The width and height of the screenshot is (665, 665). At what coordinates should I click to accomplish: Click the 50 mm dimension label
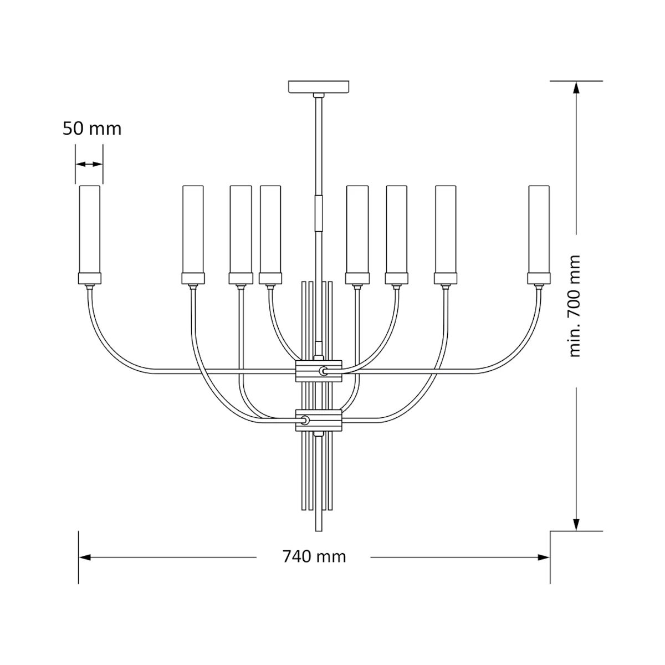[x=92, y=129]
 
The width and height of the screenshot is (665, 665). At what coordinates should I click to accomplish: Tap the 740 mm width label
[x=314, y=556]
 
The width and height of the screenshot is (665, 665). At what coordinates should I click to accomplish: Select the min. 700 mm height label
[x=574, y=306]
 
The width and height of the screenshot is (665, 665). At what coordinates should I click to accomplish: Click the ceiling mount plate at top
[x=319, y=86]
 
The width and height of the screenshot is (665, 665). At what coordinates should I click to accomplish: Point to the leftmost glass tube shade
[x=89, y=229]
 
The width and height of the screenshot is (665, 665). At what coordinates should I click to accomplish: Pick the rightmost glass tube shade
[x=539, y=229]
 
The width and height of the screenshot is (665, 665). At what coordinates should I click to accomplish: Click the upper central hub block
[x=319, y=371]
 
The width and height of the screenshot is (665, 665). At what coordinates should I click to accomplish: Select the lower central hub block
[x=319, y=420]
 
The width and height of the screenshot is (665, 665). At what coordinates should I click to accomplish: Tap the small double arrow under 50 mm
[x=89, y=164]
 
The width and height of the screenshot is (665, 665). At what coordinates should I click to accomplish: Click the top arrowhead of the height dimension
[x=576, y=88]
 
